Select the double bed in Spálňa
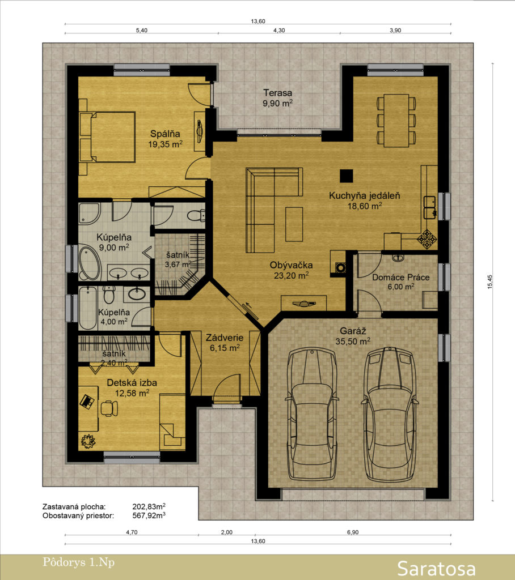(107, 137)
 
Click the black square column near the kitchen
(347, 176)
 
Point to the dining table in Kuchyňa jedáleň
(396, 121)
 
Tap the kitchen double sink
(430, 207)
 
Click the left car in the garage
(312, 413)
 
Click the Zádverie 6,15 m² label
(225, 343)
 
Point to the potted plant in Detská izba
(88, 441)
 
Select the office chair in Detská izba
(109, 408)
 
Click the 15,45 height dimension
(490, 282)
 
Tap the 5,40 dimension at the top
(142, 31)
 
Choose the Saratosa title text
(436, 569)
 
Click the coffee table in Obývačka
(294, 224)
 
